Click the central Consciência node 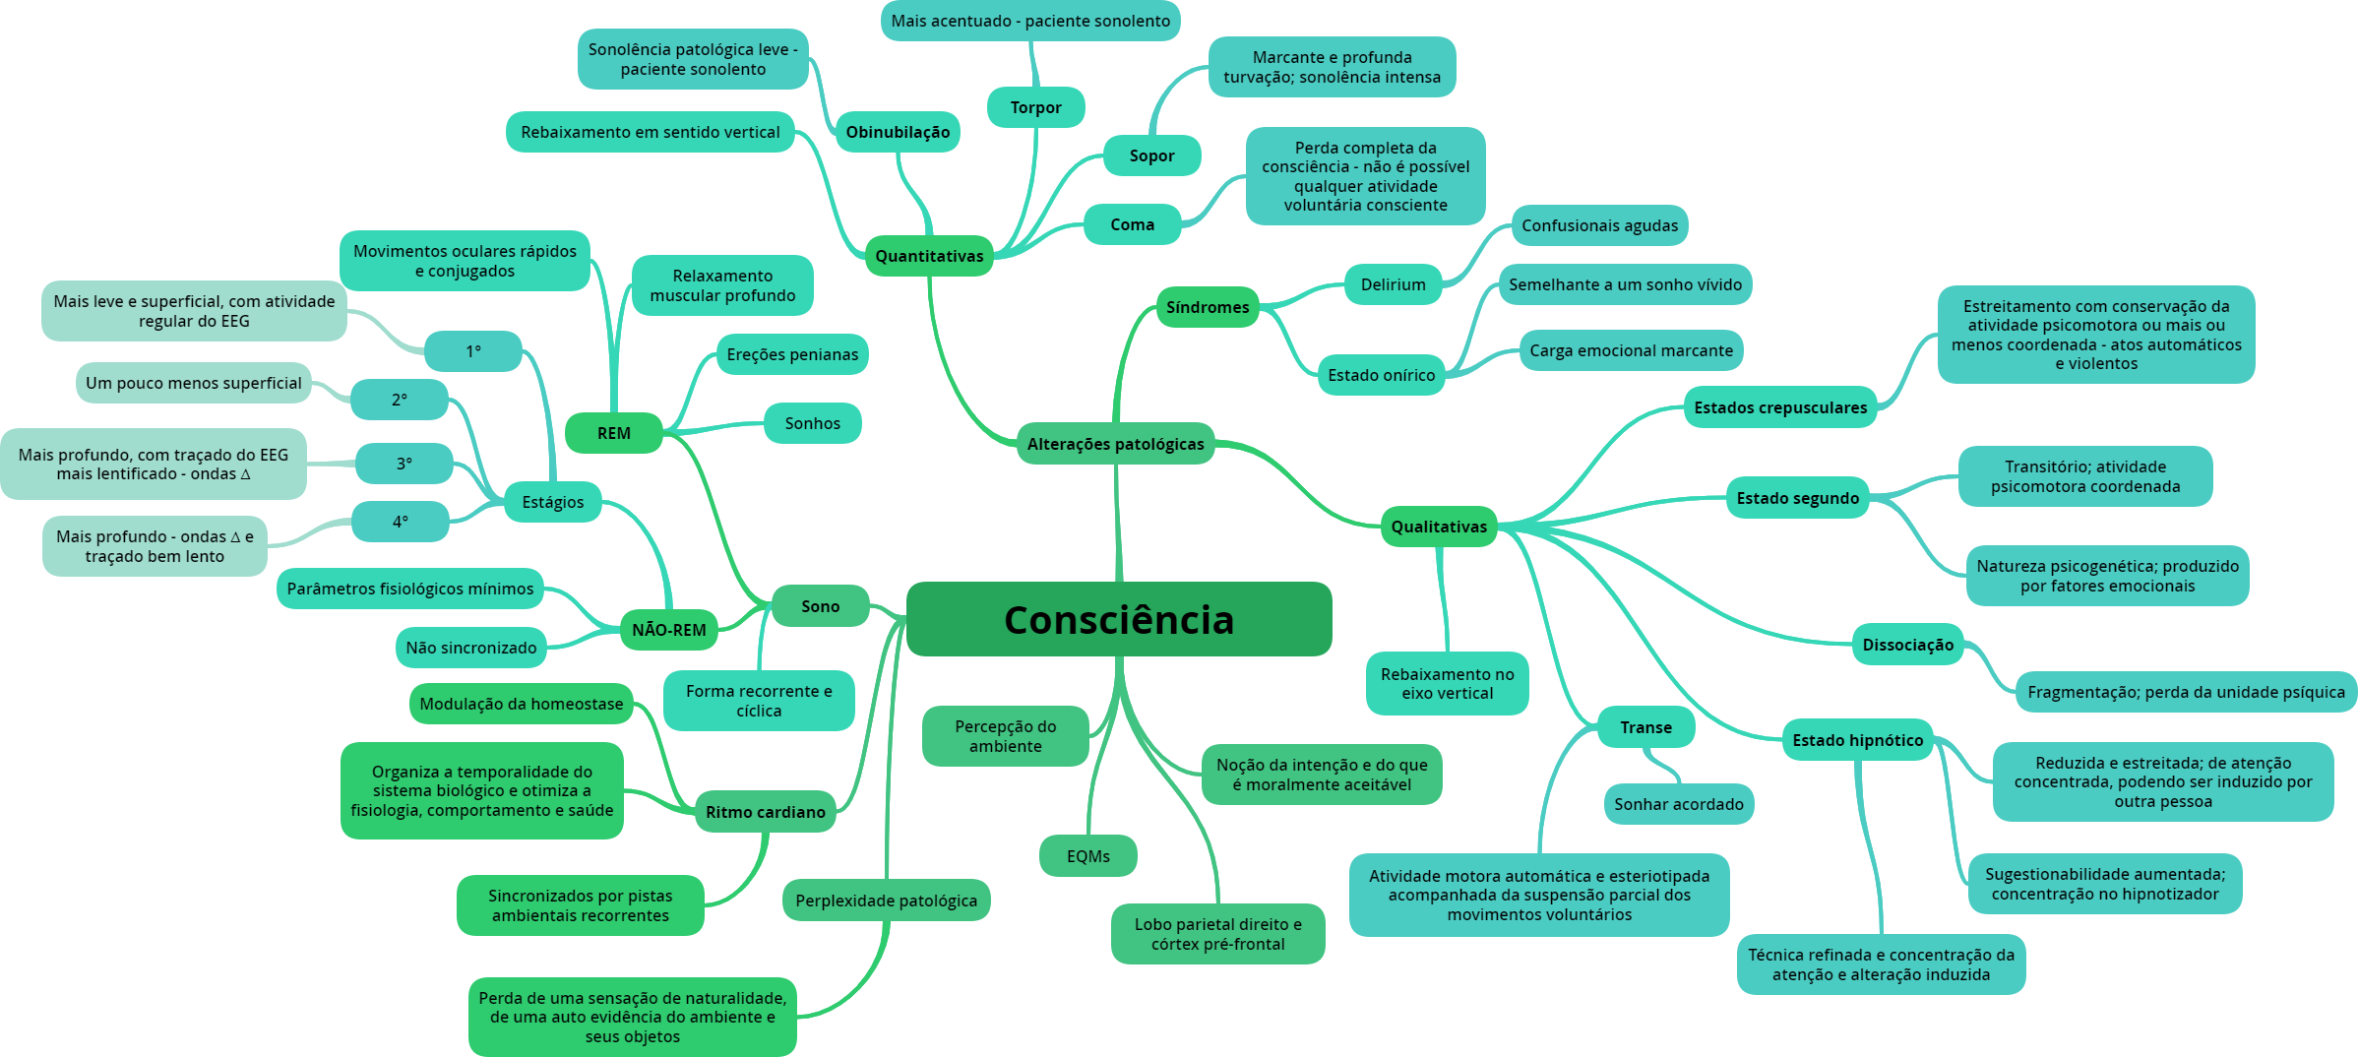click(x=1119, y=619)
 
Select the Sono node click(x=820, y=606)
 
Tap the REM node click(x=613, y=433)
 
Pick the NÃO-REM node click(x=668, y=630)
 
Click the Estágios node click(x=552, y=502)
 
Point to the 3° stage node click(x=403, y=464)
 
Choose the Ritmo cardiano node click(x=765, y=812)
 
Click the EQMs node click(x=1087, y=856)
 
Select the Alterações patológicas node click(x=1115, y=444)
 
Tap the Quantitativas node click(x=929, y=256)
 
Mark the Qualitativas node click(x=1439, y=527)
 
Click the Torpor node click(x=1035, y=107)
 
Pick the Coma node click(x=1132, y=224)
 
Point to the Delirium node click(x=1393, y=284)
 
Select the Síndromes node click(x=1208, y=307)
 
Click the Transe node click(x=1645, y=727)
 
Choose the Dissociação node click(x=1907, y=645)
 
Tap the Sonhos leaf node click(x=812, y=423)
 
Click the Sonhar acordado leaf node click(x=1678, y=804)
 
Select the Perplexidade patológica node click(x=886, y=901)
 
